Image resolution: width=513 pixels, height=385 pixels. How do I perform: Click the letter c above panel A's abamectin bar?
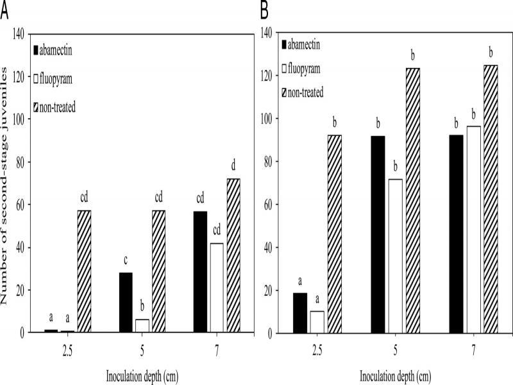click(126, 261)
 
